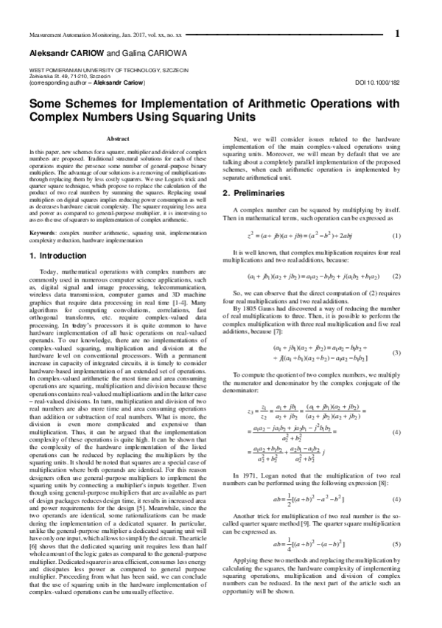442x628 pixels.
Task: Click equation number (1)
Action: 396,236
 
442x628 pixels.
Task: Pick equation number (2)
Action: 396,276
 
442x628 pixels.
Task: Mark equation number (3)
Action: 396,332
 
